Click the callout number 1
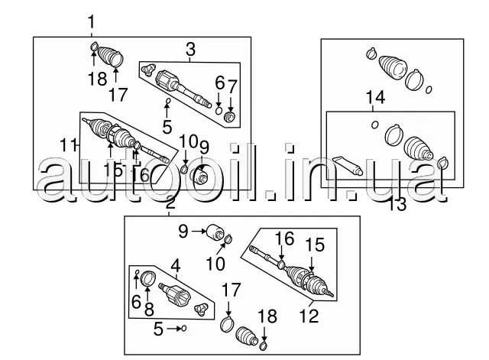tap(91, 22)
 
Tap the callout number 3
tap(190, 49)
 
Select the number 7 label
tap(232, 86)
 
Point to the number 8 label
tap(150, 309)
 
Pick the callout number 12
tap(309, 316)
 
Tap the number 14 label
tap(375, 97)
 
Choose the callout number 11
tap(68, 144)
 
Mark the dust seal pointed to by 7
tap(230, 117)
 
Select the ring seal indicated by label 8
tap(148, 278)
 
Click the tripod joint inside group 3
tap(148, 70)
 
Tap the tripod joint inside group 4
tap(200, 309)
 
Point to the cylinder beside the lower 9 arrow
tap(215, 232)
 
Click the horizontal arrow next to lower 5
tap(174, 328)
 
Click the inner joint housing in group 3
tap(167, 80)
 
